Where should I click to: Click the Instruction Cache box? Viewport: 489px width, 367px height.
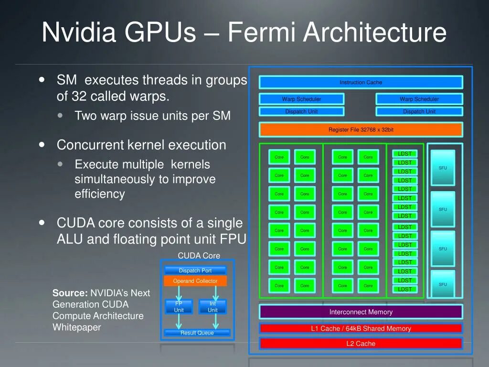pyautogui.click(x=361, y=82)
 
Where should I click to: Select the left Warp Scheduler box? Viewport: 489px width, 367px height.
pyautogui.click(x=301, y=99)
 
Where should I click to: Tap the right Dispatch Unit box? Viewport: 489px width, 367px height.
pyautogui.click(x=419, y=111)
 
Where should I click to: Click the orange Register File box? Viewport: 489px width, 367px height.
pyautogui.click(x=361, y=130)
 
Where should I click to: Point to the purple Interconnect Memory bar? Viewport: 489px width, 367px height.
pyautogui.click(x=361, y=312)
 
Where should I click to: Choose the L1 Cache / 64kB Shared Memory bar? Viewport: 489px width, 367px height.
pyautogui.click(x=361, y=328)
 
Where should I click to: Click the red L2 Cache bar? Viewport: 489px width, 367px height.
pyautogui.click(x=361, y=344)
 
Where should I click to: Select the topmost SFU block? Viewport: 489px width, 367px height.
pyautogui.click(x=443, y=168)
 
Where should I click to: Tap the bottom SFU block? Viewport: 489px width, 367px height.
pyautogui.click(x=443, y=284)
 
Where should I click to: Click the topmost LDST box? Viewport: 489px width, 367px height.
pyautogui.click(x=404, y=153)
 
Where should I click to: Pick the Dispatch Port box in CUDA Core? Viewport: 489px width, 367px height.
pyautogui.click(x=195, y=270)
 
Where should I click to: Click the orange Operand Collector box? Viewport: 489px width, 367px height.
pyautogui.click(x=195, y=281)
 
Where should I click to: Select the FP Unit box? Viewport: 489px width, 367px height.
pyautogui.click(x=179, y=307)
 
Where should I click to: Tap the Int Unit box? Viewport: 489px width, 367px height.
pyautogui.click(x=213, y=307)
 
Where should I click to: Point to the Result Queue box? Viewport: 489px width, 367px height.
pyautogui.click(x=197, y=333)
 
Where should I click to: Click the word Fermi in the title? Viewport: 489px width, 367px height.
pyautogui.click(x=262, y=32)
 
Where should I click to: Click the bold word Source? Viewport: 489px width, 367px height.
pyautogui.click(x=70, y=293)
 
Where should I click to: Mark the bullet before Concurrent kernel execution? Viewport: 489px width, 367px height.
pyautogui.click(x=43, y=144)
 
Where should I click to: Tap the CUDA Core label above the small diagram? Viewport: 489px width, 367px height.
pyautogui.click(x=199, y=256)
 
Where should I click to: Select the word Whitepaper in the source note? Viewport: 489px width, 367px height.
pyautogui.click(x=76, y=327)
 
